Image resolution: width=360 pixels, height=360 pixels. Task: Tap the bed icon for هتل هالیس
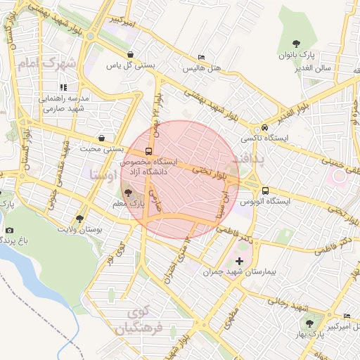[202, 57]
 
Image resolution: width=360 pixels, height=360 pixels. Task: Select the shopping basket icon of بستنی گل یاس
[130, 54]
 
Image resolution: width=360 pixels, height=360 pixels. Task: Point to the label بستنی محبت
[103, 149]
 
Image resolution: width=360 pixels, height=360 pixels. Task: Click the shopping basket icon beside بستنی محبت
[103, 138]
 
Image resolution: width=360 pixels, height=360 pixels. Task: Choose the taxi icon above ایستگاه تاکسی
[264, 128]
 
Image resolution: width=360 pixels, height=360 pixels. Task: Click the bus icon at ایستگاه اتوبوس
[265, 190]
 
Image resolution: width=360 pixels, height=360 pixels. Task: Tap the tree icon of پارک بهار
[309, 323]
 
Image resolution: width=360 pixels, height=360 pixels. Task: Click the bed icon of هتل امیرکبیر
[347, 316]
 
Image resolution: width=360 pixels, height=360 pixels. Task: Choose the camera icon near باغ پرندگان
[9, 230]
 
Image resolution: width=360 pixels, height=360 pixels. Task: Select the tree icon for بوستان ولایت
[79, 219]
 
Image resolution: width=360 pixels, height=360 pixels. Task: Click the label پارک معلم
[127, 203]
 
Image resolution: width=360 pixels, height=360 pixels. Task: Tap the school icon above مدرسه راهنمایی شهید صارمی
[63, 87]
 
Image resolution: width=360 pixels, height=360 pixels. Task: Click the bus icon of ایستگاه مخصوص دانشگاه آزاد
[148, 151]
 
